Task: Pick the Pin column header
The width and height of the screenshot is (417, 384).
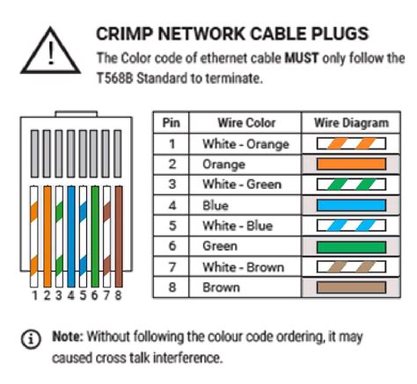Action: click(172, 122)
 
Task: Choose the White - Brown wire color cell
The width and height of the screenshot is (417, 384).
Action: click(237, 266)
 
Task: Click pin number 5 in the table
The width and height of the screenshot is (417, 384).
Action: click(172, 225)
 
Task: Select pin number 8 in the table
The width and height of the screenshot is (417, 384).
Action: click(172, 287)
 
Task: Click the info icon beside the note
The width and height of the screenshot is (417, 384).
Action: click(32, 337)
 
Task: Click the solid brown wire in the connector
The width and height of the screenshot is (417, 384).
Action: click(115, 237)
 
